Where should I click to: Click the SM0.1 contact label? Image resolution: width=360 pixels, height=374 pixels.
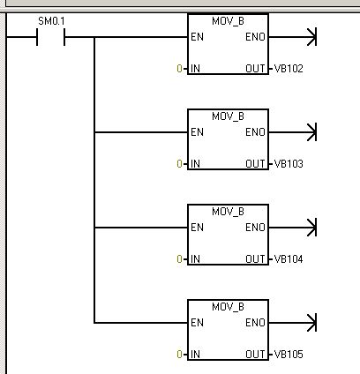click(x=51, y=21)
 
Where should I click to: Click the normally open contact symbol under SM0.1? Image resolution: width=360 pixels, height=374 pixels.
click(x=51, y=37)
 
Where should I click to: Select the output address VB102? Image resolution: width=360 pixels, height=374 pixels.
click(x=289, y=69)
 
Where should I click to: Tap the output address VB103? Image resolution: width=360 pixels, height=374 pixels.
click(x=289, y=164)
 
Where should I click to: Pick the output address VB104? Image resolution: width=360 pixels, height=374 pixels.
click(x=289, y=259)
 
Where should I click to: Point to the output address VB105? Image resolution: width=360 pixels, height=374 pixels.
click(x=289, y=355)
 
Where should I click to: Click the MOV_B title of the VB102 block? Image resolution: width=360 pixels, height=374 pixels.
click(x=228, y=21)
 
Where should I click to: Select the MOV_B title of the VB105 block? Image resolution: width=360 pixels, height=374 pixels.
click(x=228, y=307)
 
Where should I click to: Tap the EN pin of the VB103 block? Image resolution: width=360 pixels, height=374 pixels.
click(x=197, y=132)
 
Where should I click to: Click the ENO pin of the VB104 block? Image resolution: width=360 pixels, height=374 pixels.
click(x=255, y=228)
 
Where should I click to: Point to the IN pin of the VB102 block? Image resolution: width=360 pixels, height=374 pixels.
click(x=195, y=69)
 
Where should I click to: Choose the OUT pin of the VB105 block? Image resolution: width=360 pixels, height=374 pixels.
click(x=255, y=355)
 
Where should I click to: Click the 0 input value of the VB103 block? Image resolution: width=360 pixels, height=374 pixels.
click(x=179, y=164)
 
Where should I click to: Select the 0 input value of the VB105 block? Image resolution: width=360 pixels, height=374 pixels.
click(x=179, y=355)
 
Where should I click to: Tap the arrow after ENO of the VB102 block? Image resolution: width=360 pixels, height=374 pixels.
click(x=293, y=37)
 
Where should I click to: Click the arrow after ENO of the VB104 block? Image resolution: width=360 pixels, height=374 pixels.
click(x=293, y=228)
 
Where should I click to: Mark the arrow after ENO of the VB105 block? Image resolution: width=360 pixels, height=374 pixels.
click(x=293, y=323)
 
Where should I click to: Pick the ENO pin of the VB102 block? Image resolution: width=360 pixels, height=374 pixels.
click(x=255, y=37)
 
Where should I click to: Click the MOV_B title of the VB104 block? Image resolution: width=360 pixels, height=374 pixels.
click(x=228, y=212)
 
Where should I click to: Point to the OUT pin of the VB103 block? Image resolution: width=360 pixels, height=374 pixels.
click(x=255, y=164)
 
